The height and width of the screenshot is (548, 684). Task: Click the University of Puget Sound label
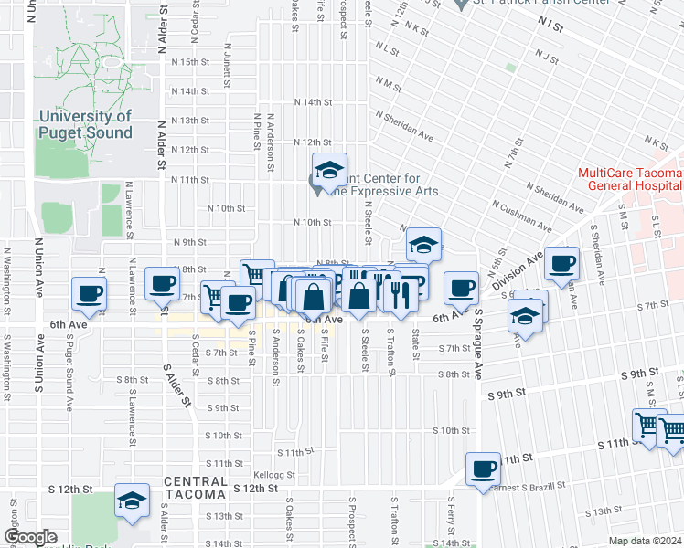85,124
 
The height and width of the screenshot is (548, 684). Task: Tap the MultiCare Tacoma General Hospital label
630,180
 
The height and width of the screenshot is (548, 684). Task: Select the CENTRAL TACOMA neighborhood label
195,488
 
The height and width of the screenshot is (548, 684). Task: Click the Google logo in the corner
29,537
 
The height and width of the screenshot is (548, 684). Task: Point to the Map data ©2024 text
646,541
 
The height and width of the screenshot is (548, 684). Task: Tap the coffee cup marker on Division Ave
562,264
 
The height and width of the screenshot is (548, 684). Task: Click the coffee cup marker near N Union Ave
90,293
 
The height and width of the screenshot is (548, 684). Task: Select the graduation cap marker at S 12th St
133,501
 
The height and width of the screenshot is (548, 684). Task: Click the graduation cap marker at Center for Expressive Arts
329,170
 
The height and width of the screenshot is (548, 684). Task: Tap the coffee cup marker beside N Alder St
163,283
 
